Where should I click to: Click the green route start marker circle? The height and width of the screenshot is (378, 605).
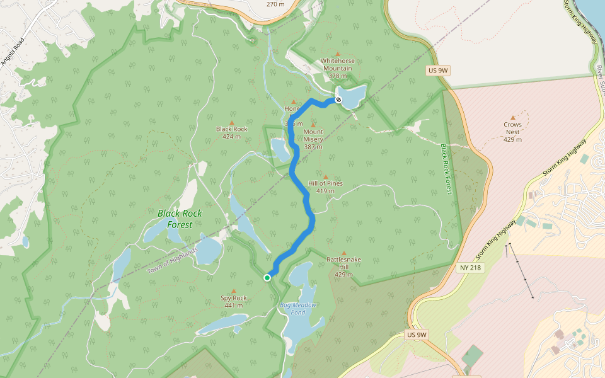(x=267, y=277)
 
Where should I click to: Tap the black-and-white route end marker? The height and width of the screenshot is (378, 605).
(x=338, y=100)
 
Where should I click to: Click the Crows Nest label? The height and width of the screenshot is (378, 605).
(x=512, y=129)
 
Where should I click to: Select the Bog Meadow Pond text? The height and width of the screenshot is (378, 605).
(x=298, y=309)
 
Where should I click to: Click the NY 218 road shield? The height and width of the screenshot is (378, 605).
(x=470, y=268)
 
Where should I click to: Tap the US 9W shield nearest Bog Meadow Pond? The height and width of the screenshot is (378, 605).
(x=417, y=335)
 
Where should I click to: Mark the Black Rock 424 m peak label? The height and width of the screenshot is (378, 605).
(x=231, y=132)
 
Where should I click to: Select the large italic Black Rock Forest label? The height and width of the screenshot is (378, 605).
(x=180, y=219)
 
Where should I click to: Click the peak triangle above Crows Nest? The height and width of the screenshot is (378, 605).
(x=512, y=117)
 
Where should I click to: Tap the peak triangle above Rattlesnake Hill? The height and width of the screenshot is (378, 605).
(x=343, y=253)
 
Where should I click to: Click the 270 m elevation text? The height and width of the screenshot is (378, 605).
(x=275, y=4)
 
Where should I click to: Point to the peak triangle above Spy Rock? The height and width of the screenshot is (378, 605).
(x=233, y=291)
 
